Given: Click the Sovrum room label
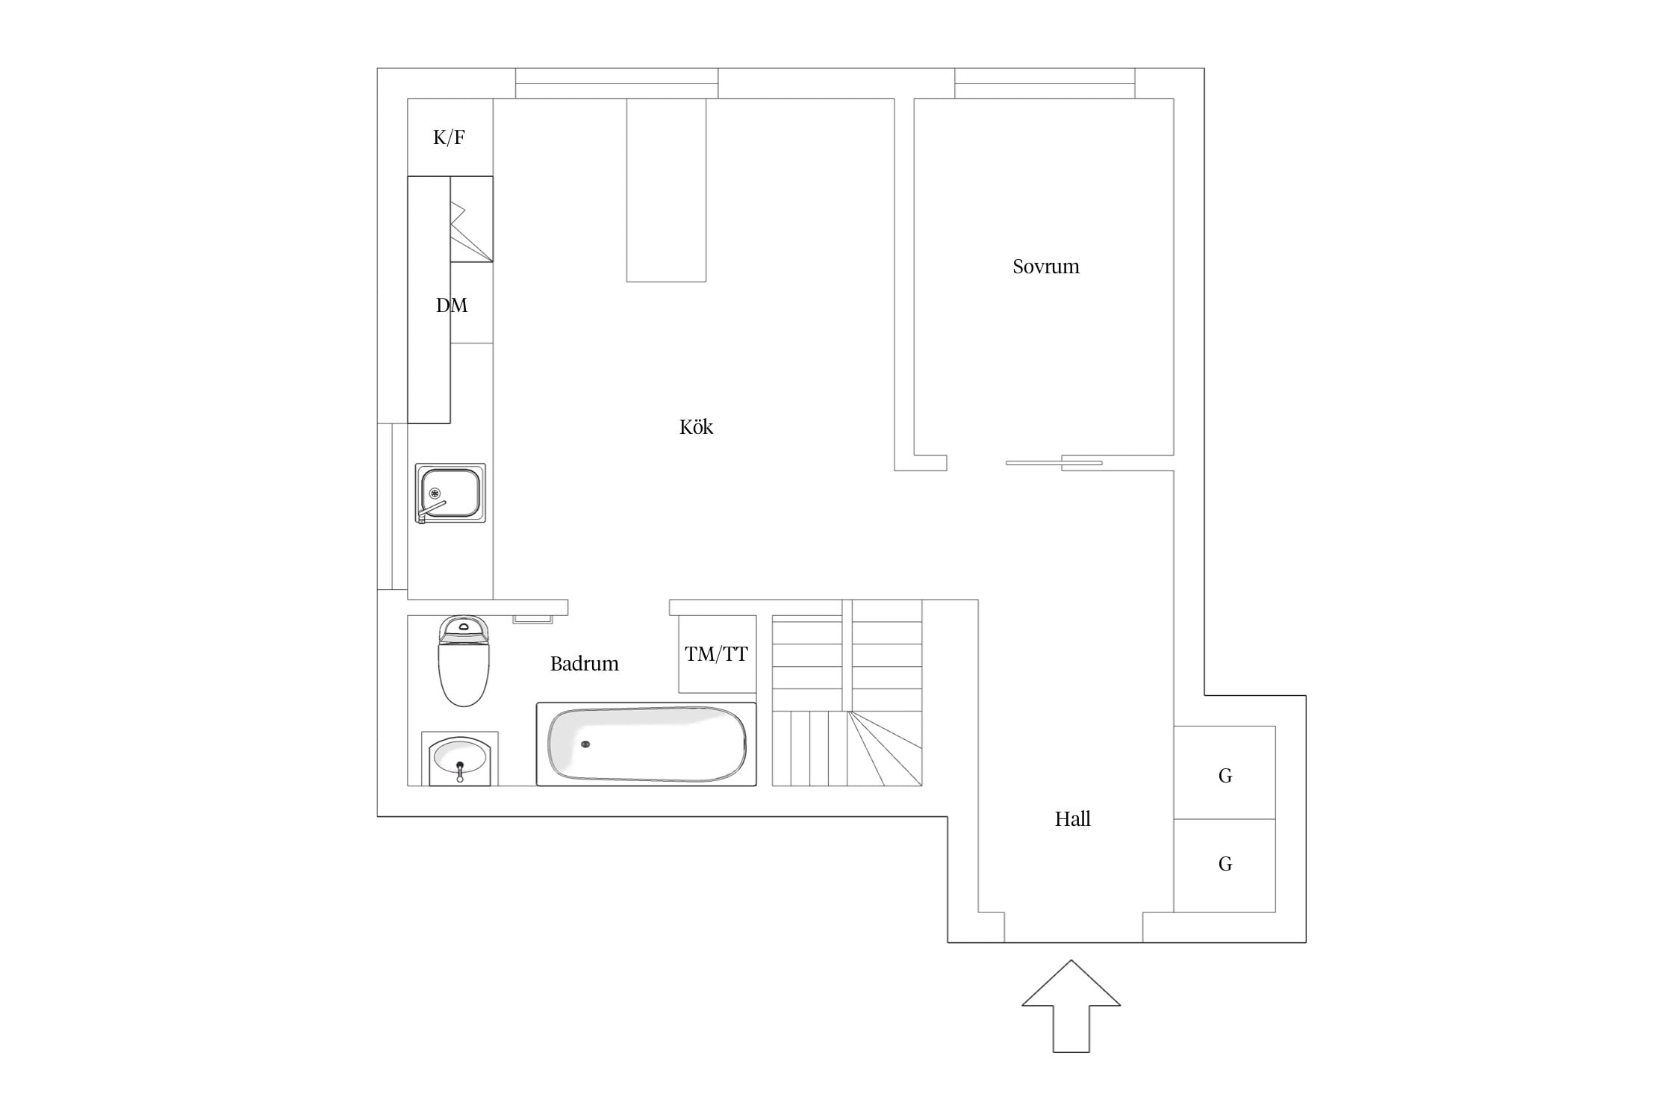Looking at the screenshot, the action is point(1045,267).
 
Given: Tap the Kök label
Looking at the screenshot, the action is point(696,426).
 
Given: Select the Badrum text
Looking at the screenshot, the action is point(584,663).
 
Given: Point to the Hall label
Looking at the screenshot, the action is point(1072,818).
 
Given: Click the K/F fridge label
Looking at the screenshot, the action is point(449,137).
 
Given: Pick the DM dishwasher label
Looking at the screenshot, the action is point(452,305).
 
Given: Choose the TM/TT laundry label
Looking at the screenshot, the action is point(716,654).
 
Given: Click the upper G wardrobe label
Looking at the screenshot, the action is point(1225,776).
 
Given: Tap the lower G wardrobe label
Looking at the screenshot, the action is point(1225,864).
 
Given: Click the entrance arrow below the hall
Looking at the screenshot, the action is point(1071,1006).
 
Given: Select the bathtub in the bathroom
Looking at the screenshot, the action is point(647,744).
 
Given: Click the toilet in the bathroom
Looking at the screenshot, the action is point(464,661).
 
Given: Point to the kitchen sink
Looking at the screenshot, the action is point(450,493).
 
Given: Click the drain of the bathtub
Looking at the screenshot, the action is point(585,744).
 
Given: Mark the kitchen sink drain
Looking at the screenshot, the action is point(435,493).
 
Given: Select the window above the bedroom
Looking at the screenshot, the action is point(1045,84).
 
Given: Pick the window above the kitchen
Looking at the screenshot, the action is point(617,84).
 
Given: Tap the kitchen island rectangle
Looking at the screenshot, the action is point(666,190).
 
